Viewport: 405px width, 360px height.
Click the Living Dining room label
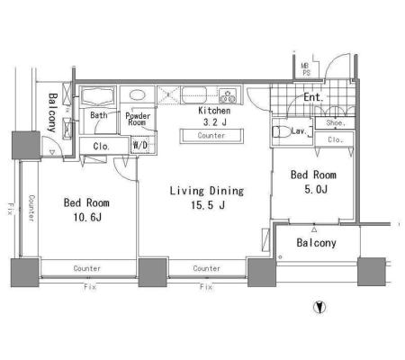point(207,191)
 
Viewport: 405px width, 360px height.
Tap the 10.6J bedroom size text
point(87,217)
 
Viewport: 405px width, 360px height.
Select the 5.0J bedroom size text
point(316,189)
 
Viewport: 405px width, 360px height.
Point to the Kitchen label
point(214,111)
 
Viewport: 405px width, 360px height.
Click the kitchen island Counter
point(211,136)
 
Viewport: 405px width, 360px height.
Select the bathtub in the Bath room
point(98,95)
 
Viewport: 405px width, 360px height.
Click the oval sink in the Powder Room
point(138,94)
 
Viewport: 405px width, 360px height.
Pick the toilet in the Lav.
point(281,131)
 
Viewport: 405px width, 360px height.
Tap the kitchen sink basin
point(194,94)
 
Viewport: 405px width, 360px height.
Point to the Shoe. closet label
point(336,123)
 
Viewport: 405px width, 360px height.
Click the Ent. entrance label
point(313,97)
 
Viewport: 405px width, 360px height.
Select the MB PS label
point(306,69)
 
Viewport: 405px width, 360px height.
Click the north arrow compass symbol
point(319,307)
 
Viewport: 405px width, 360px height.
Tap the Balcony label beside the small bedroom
point(316,243)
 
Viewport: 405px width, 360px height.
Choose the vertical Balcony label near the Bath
point(52,112)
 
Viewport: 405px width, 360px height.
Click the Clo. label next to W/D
point(101,147)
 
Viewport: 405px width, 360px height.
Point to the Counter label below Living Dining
point(207,268)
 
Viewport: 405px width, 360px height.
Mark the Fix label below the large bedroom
point(90,287)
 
